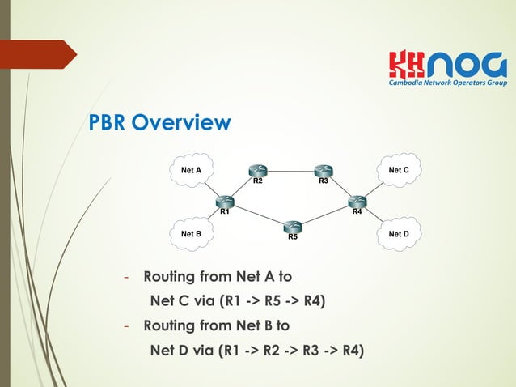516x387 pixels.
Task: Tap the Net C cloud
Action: (x=399, y=170)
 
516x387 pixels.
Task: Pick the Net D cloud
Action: (x=399, y=233)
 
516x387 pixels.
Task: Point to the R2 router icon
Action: (x=258, y=171)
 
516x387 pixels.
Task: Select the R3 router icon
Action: (x=324, y=171)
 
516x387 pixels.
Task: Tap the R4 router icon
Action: (x=357, y=200)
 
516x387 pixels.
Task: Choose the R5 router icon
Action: (x=293, y=226)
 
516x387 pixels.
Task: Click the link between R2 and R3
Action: (x=291, y=171)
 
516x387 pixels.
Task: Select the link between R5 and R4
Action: (x=325, y=213)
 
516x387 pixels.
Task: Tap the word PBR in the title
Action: (x=108, y=123)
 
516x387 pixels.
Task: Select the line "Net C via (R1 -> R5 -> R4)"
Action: (x=239, y=302)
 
